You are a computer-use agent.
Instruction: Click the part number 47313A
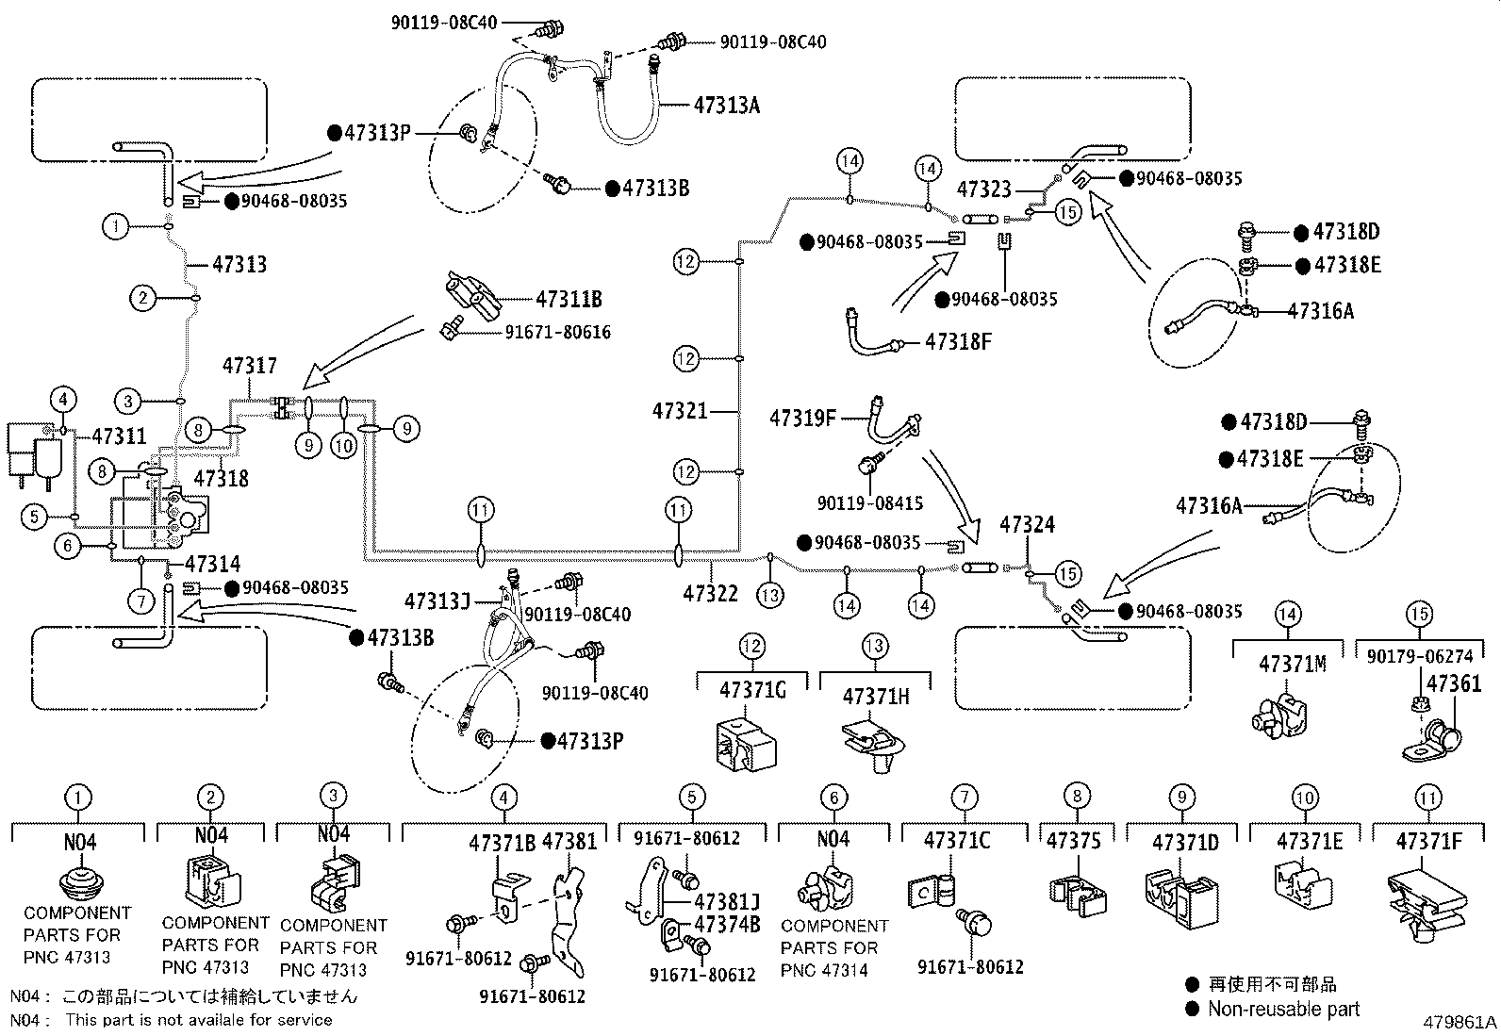tap(726, 105)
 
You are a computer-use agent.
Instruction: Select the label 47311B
tap(569, 300)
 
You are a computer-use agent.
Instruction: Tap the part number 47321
tap(679, 410)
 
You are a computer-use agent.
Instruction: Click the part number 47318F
tap(958, 341)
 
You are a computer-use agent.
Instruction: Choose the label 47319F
tap(802, 417)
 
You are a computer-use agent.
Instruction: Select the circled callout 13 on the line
tap(771, 595)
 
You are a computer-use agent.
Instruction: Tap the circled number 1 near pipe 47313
tap(116, 226)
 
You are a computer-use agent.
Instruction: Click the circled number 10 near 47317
tap(344, 444)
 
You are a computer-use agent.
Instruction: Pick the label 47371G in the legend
tap(752, 690)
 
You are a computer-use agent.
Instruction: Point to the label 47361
tap(1454, 683)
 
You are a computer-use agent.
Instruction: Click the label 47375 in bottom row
tap(1074, 841)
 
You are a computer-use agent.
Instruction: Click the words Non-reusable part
tap(1283, 1010)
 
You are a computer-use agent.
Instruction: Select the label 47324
tap(1027, 524)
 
